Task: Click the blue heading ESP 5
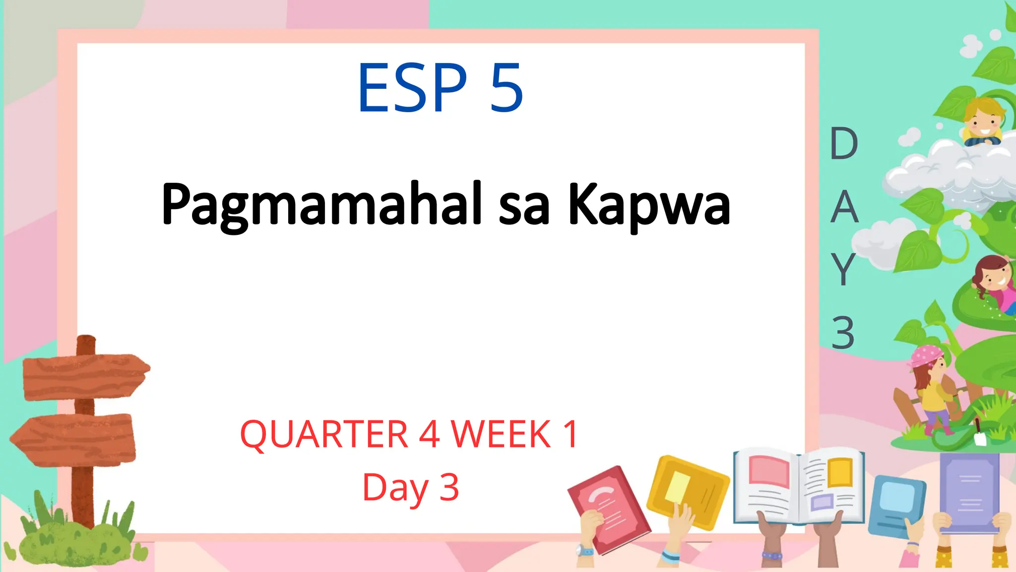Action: click(x=440, y=88)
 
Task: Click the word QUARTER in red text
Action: click(x=323, y=434)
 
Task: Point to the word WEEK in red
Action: click(x=501, y=434)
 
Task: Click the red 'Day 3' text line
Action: click(x=411, y=488)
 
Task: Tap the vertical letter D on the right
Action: click(x=844, y=144)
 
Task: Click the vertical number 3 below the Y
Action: click(x=843, y=333)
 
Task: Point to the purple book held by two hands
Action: click(x=969, y=492)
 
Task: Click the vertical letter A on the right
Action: click(x=844, y=207)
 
